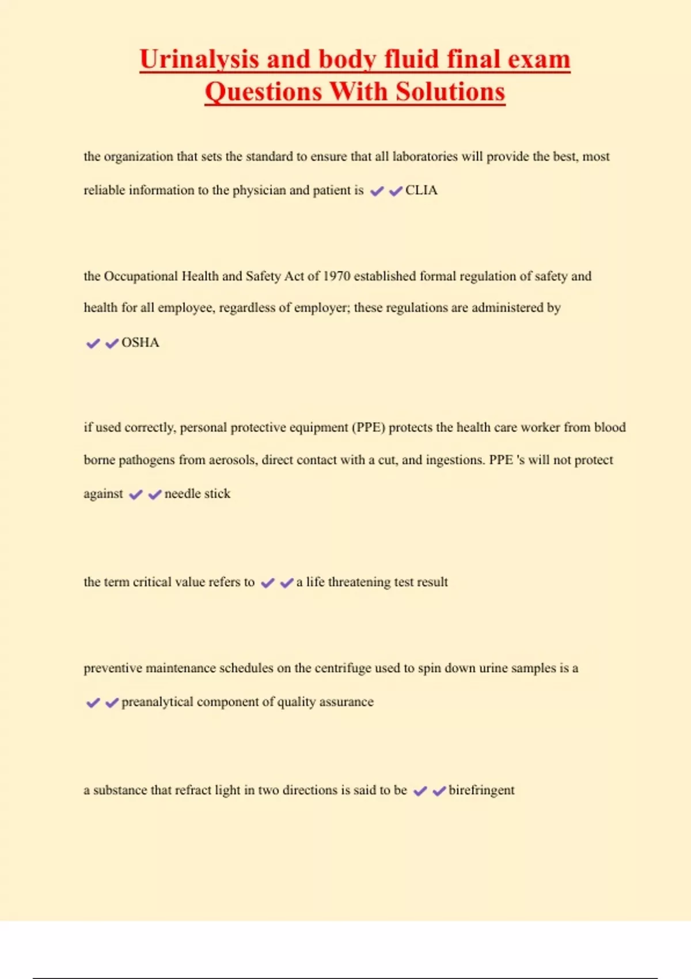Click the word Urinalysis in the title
(x=199, y=60)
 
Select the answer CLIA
(x=421, y=191)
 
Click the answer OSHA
(x=140, y=343)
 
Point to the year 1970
(x=336, y=276)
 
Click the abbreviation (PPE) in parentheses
(x=369, y=427)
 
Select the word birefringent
(x=481, y=790)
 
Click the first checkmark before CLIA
(x=377, y=191)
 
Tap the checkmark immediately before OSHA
(x=112, y=344)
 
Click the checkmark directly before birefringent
(x=439, y=791)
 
